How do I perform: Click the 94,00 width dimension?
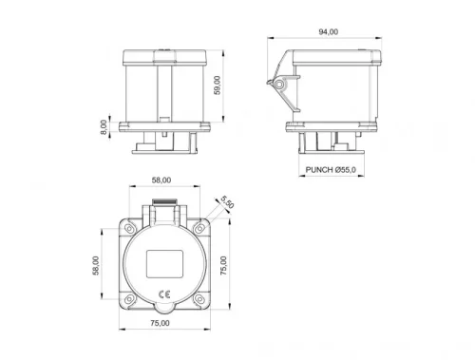(326, 31)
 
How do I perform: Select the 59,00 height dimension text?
(218, 85)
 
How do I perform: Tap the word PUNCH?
(321, 170)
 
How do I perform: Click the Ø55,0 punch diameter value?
(347, 170)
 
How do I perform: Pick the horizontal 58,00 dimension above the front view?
(161, 180)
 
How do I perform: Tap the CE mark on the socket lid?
(162, 291)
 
